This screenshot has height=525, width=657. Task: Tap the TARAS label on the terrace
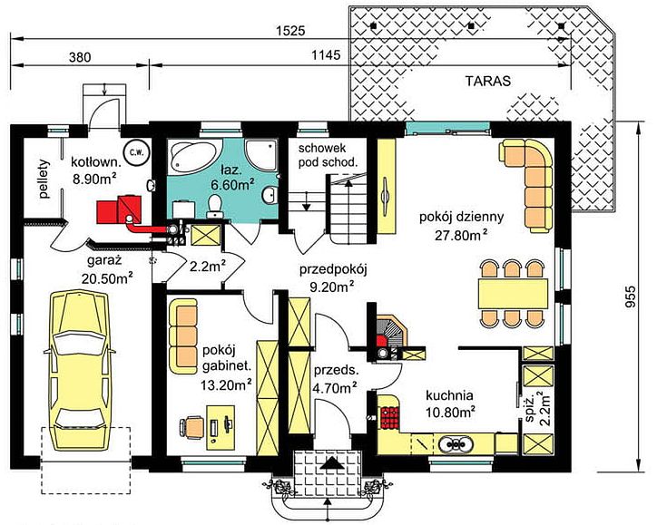click(x=488, y=81)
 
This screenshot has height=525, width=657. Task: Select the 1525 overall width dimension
click(x=290, y=31)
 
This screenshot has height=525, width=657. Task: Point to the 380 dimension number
click(x=80, y=57)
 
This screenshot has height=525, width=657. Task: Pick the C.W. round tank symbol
click(x=135, y=152)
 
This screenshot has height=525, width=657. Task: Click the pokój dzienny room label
click(x=461, y=218)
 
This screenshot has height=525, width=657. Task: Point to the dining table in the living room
click(x=514, y=294)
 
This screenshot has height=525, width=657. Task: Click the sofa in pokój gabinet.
click(x=183, y=336)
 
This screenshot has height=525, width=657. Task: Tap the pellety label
click(x=44, y=179)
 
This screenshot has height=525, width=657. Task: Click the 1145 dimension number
click(x=327, y=54)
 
